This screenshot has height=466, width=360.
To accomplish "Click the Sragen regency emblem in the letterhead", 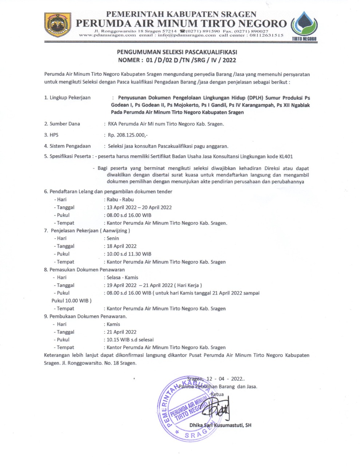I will point(58,25).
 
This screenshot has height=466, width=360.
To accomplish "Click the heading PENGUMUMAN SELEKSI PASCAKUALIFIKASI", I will point(177,52).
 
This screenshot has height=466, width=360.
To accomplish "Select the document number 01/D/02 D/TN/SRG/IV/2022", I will point(191,60).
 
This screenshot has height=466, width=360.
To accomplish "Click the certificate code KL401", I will point(286,157).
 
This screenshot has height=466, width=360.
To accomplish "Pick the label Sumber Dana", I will point(64,124).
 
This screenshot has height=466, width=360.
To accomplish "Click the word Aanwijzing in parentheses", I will point(115,230).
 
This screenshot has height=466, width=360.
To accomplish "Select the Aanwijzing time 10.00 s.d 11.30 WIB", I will point(129,254).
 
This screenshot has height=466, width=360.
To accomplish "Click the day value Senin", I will point(113,238).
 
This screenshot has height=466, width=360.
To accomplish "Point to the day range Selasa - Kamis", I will point(122,277).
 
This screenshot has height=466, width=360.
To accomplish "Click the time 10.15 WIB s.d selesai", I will point(130,340).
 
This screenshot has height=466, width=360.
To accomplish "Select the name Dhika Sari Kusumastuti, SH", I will point(220,425).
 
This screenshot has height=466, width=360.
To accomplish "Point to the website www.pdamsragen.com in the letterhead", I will point(107,35).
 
